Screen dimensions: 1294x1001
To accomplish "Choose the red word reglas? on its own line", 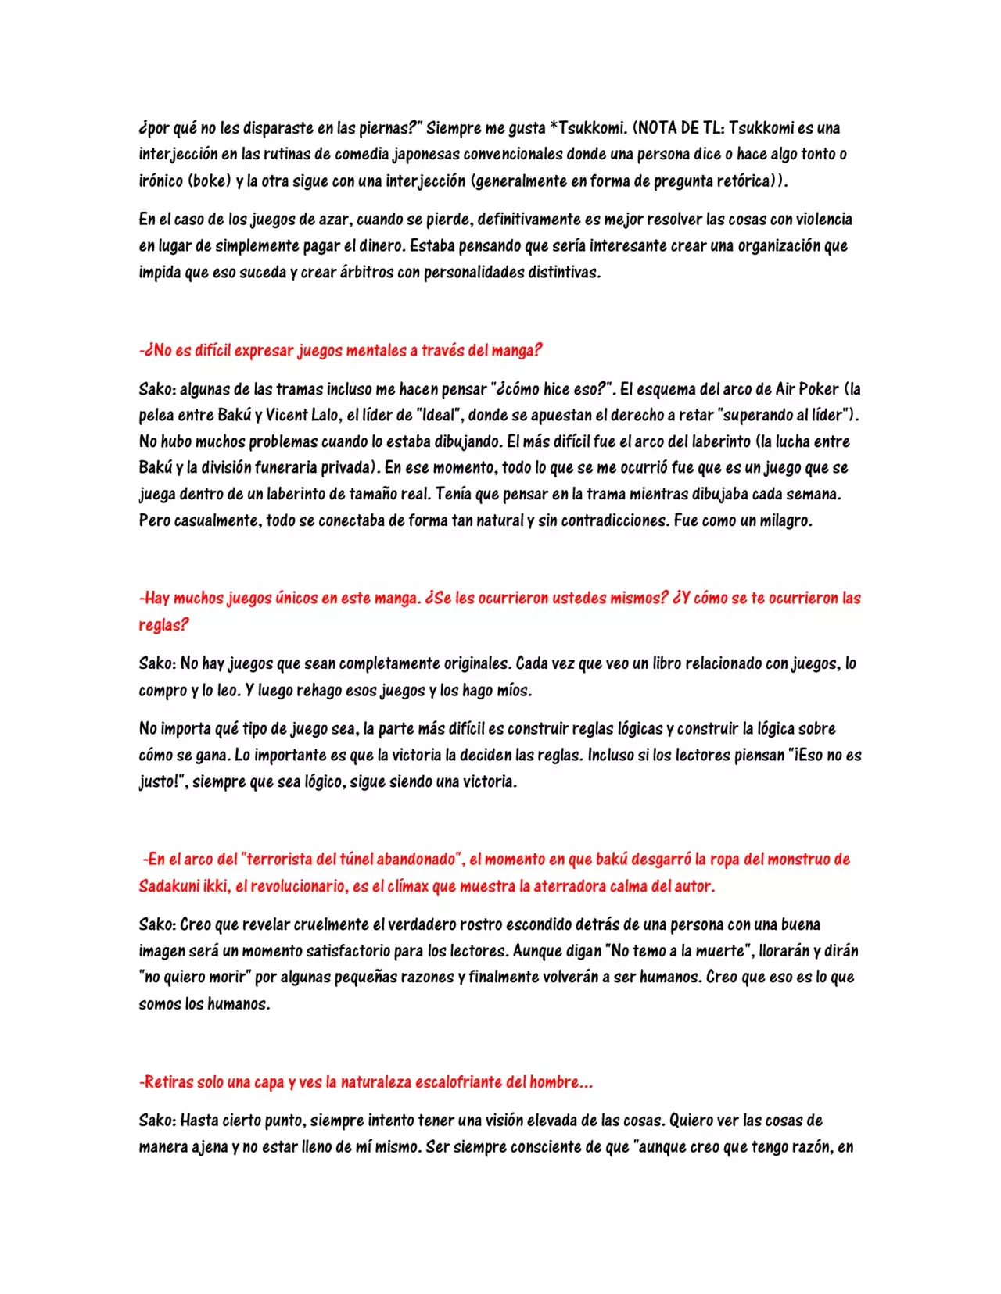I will click(x=163, y=624).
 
